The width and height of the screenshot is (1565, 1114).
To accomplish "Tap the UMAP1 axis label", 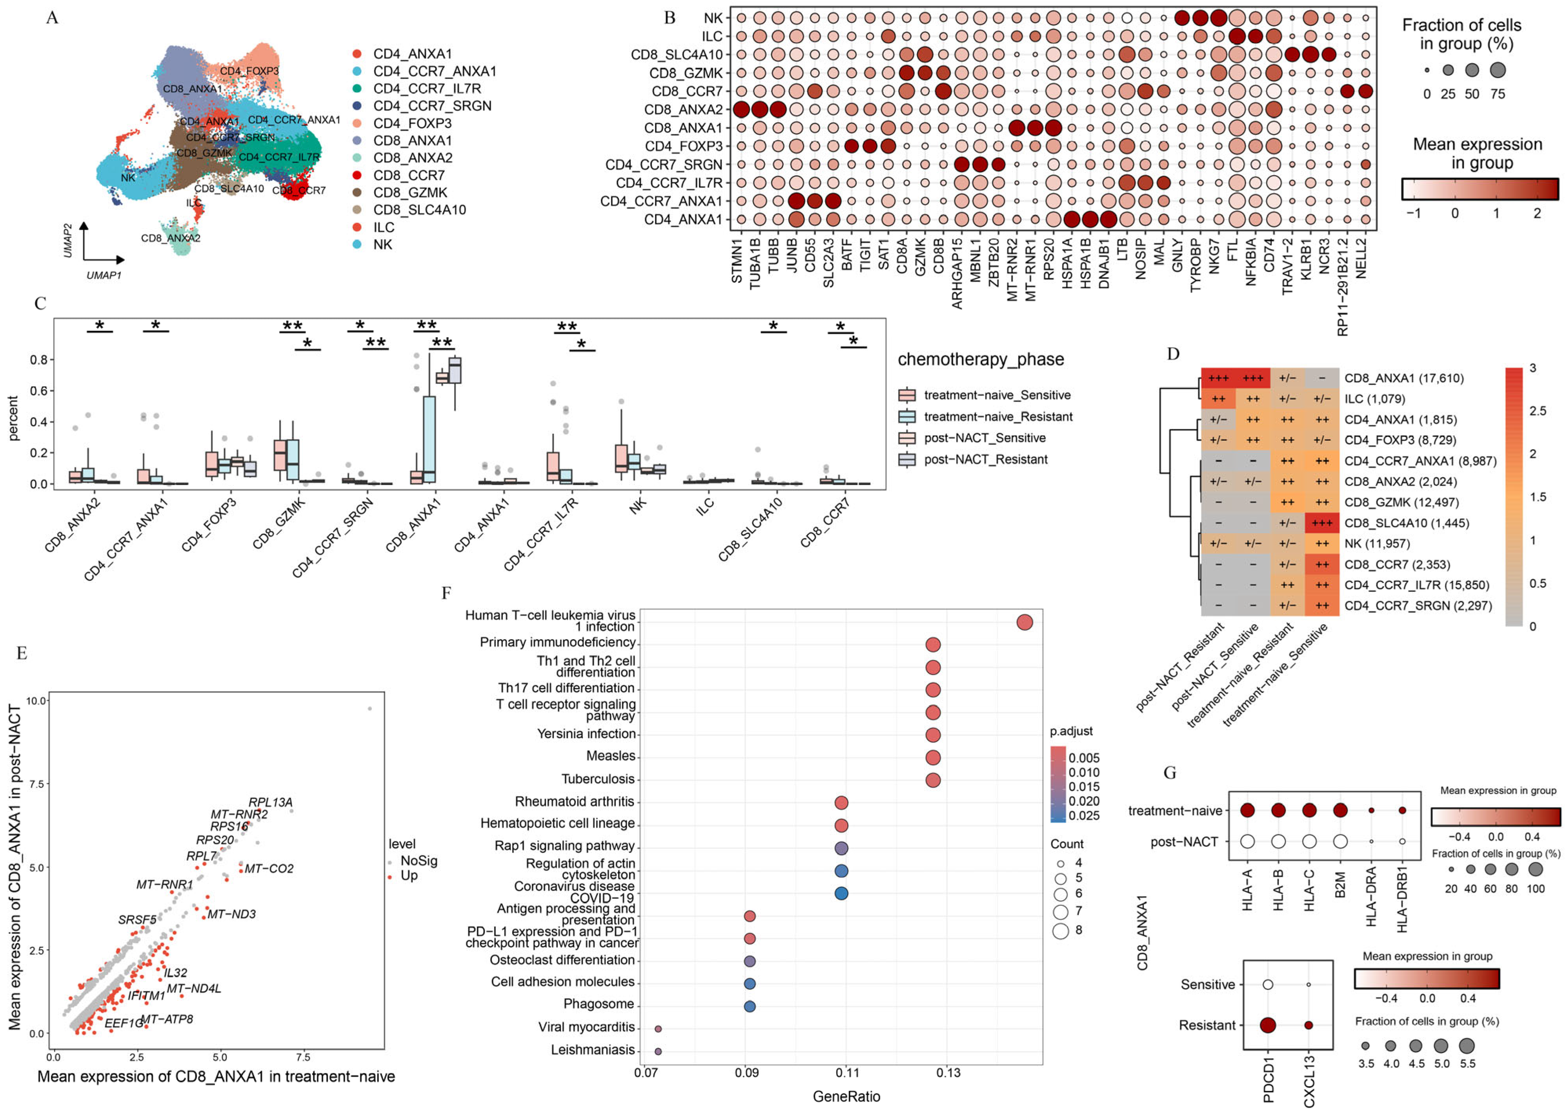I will (104, 275).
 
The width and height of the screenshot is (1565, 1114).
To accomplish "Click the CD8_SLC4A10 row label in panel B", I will (677, 54).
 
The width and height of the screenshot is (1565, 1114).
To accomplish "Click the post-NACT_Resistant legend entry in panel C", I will (985, 460).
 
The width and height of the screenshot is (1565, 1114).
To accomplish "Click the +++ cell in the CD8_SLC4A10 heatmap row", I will (1321, 523).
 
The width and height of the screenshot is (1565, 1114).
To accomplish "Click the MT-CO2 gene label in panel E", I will (269, 869).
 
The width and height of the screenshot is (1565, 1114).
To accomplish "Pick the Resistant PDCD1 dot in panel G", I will (1268, 1025).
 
